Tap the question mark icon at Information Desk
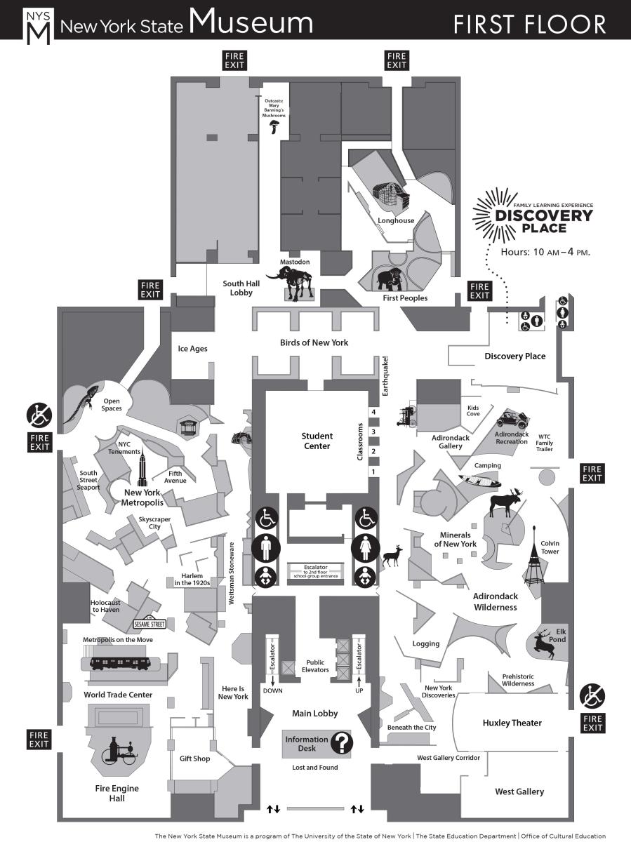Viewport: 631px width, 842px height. (342, 742)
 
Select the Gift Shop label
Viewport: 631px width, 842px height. (194, 759)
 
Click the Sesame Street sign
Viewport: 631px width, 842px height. (149, 624)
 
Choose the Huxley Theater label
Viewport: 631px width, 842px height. (512, 723)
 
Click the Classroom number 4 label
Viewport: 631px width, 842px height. (374, 412)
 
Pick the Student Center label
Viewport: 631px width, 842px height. (317, 441)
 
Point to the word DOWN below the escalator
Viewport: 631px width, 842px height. (272, 690)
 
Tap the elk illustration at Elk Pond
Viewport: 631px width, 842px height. (545, 643)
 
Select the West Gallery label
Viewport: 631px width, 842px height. (519, 791)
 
